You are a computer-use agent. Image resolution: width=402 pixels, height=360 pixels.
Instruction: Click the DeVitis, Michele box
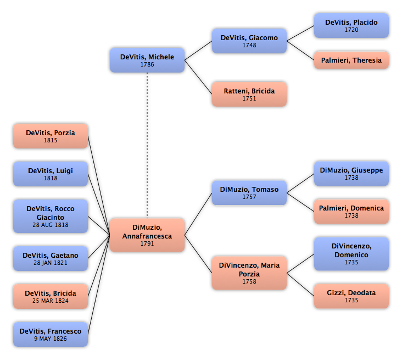[147, 60]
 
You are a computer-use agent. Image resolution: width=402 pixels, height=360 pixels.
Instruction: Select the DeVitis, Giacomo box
[249, 41]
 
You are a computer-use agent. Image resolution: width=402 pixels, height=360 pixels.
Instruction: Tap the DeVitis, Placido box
[351, 26]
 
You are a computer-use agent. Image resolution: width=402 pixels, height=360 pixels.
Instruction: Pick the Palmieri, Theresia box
[351, 60]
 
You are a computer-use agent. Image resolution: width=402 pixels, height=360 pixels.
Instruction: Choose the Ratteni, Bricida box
[249, 94]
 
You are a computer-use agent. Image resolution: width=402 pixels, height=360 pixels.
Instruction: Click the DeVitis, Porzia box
[51, 136]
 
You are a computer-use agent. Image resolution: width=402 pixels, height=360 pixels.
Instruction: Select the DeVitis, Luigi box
[51, 174]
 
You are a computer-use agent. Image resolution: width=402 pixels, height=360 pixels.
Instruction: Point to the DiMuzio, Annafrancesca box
[147, 235]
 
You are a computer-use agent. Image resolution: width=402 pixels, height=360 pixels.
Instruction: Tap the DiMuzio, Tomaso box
[249, 193]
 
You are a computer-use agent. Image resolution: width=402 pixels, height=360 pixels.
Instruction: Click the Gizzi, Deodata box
[351, 296]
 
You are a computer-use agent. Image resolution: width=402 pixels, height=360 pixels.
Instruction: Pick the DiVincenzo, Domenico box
[351, 254]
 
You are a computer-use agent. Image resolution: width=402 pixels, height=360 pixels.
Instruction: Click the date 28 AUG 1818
[51, 225]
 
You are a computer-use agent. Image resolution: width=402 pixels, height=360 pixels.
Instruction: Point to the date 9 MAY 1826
[51, 339]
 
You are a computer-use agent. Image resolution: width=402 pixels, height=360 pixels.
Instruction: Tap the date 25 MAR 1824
[51, 301]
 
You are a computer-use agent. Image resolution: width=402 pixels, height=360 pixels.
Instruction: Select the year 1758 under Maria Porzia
[249, 281]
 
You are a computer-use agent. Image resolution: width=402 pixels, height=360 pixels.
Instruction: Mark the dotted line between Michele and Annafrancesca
[147, 146]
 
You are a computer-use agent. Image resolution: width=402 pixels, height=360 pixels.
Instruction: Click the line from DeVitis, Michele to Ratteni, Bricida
[198, 77]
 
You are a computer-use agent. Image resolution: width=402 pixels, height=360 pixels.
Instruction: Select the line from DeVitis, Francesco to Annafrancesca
[99, 285]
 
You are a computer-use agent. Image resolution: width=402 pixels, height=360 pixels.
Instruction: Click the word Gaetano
[64, 256]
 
